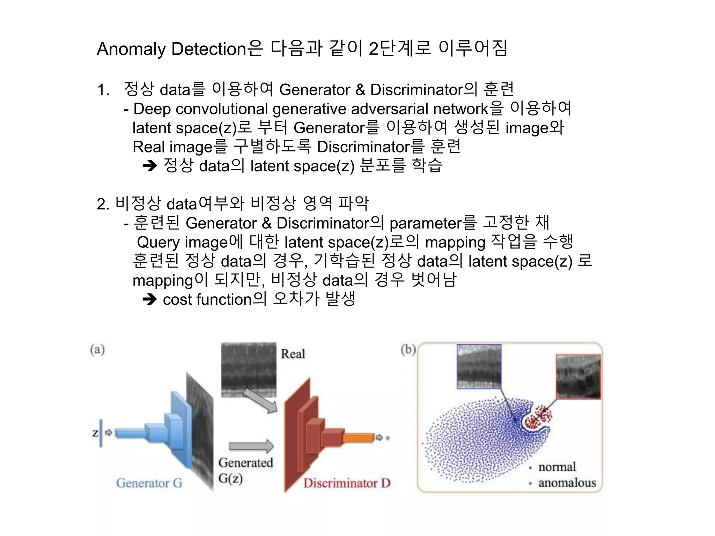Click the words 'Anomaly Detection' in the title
[171, 49]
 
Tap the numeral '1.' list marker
[103, 90]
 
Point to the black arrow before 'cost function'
[150, 299]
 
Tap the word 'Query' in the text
[159, 242]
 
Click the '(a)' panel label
[97, 349]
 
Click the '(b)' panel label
[408, 349]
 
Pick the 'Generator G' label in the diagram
[149, 483]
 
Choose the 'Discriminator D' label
[347, 483]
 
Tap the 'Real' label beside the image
[293, 354]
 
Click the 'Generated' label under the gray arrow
[246, 463]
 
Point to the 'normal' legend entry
[557, 467]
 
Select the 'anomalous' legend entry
[567, 483]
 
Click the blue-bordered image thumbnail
[479, 366]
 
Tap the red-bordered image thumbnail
[578, 377]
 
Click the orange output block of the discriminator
[359, 437]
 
